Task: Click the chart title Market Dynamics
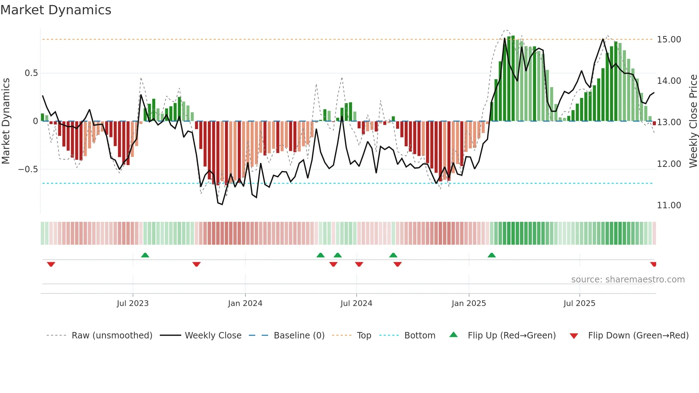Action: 56,10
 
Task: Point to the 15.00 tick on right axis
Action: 669,40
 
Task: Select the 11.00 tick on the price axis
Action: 669,205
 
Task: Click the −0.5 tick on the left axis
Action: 28,169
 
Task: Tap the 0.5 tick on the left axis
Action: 31,73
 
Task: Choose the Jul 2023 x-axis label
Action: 133,303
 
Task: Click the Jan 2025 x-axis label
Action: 469,303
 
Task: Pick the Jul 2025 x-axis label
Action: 579,303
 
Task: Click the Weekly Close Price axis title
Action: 693,121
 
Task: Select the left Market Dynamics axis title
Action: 6,121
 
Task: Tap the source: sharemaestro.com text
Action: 628,280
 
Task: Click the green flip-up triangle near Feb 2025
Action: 491,255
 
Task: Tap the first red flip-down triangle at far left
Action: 51,264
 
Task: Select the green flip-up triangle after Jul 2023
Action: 145,255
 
